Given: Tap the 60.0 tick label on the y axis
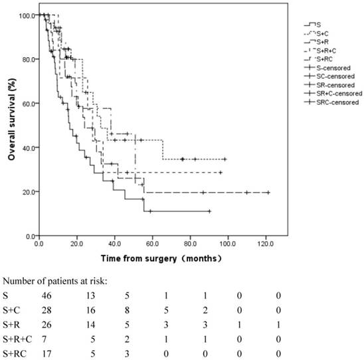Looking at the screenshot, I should tap(28, 104).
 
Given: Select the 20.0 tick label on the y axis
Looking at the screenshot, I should tap(28, 192).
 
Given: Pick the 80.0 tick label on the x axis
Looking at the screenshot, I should tap(190, 242).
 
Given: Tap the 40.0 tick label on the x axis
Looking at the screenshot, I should tap(114, 242).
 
